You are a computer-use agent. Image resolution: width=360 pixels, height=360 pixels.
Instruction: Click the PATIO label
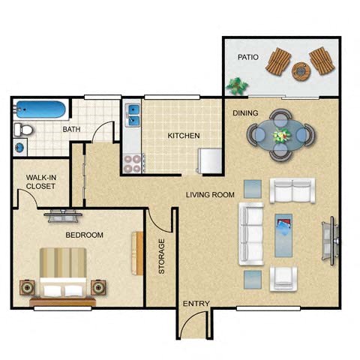tap(248, 57)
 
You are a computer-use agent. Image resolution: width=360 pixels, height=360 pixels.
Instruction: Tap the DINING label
tap(245, 113)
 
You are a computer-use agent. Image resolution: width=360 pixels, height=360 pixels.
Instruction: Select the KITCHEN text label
tap(183, 136)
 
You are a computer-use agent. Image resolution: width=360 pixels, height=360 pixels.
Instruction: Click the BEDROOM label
tap(85, 235)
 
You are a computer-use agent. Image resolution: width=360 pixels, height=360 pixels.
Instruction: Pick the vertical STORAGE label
tap(161, 256)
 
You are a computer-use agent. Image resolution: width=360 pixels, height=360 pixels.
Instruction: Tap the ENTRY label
tap(196, 304)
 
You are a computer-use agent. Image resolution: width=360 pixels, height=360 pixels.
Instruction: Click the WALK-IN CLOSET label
tap(41, 181)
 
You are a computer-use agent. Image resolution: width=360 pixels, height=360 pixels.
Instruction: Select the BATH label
tap(71, 130)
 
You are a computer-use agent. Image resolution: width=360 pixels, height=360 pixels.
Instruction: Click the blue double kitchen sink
tap(133, 115)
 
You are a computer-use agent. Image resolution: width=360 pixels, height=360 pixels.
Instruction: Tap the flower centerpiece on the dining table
tap(281, 136)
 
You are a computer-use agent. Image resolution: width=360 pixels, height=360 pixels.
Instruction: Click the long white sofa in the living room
tap(250, 233)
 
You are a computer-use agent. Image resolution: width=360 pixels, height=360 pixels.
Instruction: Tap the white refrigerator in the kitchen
tap(210, 160)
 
